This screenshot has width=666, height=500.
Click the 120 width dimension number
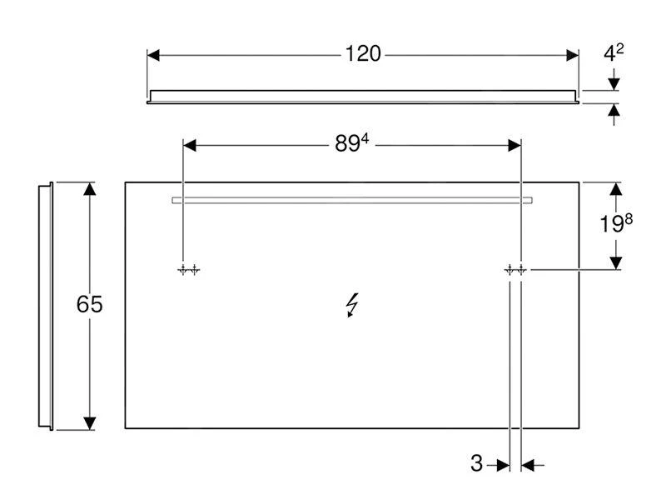(363, 54)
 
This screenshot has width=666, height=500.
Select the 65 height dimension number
(89, 305)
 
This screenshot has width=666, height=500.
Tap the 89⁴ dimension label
(351, 144)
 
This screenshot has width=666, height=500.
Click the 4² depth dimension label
(614, 53)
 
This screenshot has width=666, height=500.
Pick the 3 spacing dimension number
(476, 464)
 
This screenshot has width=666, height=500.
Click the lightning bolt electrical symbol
(353, 307)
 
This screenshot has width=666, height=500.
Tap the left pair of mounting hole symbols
(188, 270)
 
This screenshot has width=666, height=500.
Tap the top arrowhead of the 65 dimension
(91, 188)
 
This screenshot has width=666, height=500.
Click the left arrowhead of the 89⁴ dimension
(189, 145)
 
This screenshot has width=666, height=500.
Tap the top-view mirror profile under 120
(363, 96)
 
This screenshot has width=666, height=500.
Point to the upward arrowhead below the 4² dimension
(614, 111)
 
